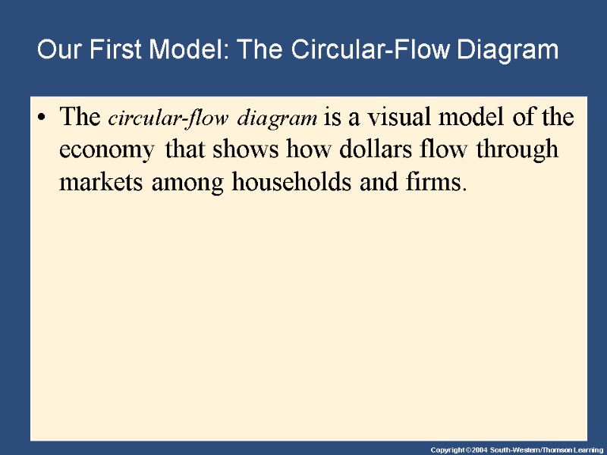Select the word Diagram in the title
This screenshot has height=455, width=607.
point(508,51)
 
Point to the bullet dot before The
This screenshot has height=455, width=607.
point(44,119)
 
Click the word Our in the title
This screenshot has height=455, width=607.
point(58,51)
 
